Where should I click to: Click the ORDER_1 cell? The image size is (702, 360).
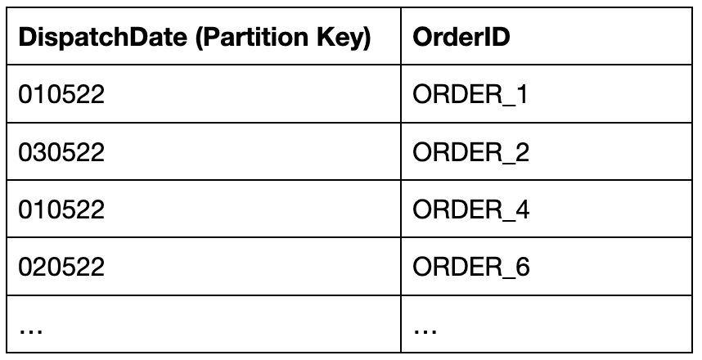click(470, 96)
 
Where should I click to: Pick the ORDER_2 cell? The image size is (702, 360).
click(471, 153)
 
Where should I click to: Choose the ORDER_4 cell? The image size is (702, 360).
click(472, 210)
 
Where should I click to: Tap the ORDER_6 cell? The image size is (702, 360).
click(472, 268)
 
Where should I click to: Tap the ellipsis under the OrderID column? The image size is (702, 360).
click(425, 330)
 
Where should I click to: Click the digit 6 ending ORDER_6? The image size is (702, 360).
click(522, 268)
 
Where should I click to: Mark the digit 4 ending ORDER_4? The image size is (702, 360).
click(522, 210)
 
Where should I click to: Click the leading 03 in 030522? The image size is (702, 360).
click(31, 153)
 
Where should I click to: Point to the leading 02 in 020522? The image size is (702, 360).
click(31, 268)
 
